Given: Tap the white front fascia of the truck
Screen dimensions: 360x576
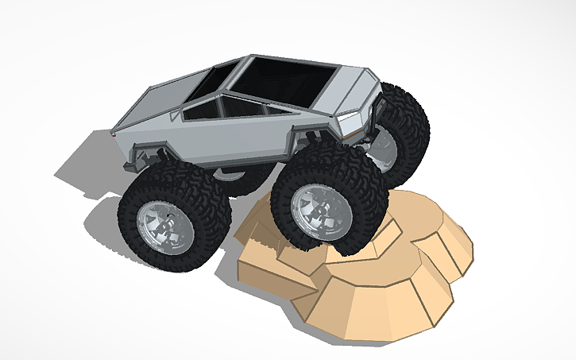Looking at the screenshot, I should pos(358,124).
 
